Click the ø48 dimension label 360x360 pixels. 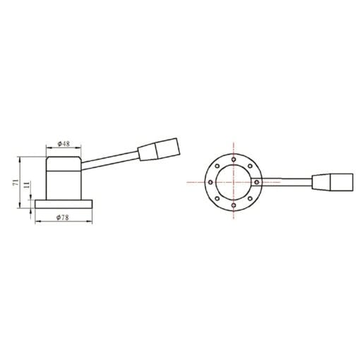click(x=64, y=143)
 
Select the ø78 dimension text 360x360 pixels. click(x=64, y=219)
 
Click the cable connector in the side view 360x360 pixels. click(x=160, y=150)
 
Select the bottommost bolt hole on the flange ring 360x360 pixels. click(x=233, y=204)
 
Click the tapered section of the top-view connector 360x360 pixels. click(x=318, y=182)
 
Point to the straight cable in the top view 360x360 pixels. click(x=286, y=182)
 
